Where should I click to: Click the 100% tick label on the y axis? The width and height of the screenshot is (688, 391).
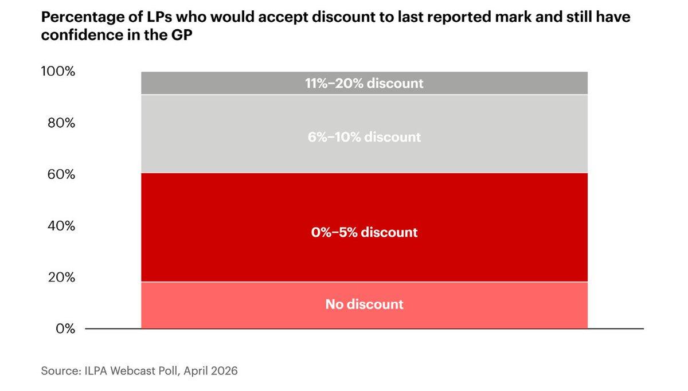tap(58, 71)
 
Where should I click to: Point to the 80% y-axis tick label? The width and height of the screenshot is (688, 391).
tap(61, 123)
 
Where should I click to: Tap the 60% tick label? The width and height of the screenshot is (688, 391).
tap(61, 174)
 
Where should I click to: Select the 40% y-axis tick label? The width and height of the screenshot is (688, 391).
tap(61, 226)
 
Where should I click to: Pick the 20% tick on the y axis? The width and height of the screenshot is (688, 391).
tap(61, 277)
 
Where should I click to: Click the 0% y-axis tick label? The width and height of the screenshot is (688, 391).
tap(65, 329)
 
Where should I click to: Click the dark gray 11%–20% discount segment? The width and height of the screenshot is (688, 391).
tap(364, 83)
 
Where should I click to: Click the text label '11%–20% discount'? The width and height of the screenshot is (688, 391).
tap(364, 83)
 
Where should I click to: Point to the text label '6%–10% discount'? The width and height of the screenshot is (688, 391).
tap(364, 137)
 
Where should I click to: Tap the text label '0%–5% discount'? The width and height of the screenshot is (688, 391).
tap(364, 232)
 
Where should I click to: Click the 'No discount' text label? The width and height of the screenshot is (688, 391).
tap(364, 304)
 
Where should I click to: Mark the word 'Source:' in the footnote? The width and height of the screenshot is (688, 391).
tap(61, 371)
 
